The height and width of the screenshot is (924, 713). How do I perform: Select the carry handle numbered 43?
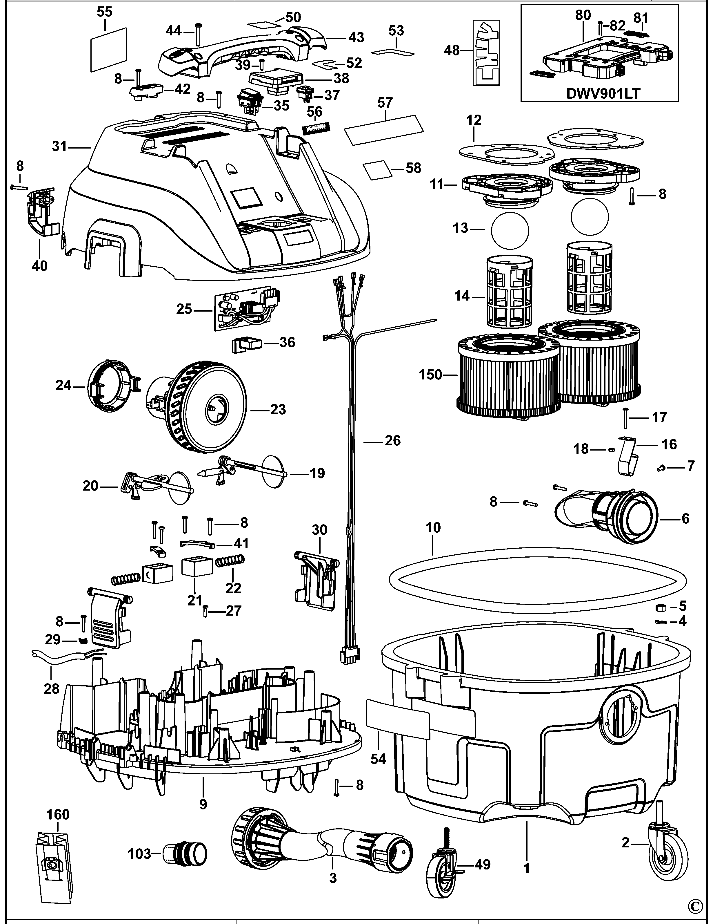237,51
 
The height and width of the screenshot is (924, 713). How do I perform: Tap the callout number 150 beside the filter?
430,375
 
